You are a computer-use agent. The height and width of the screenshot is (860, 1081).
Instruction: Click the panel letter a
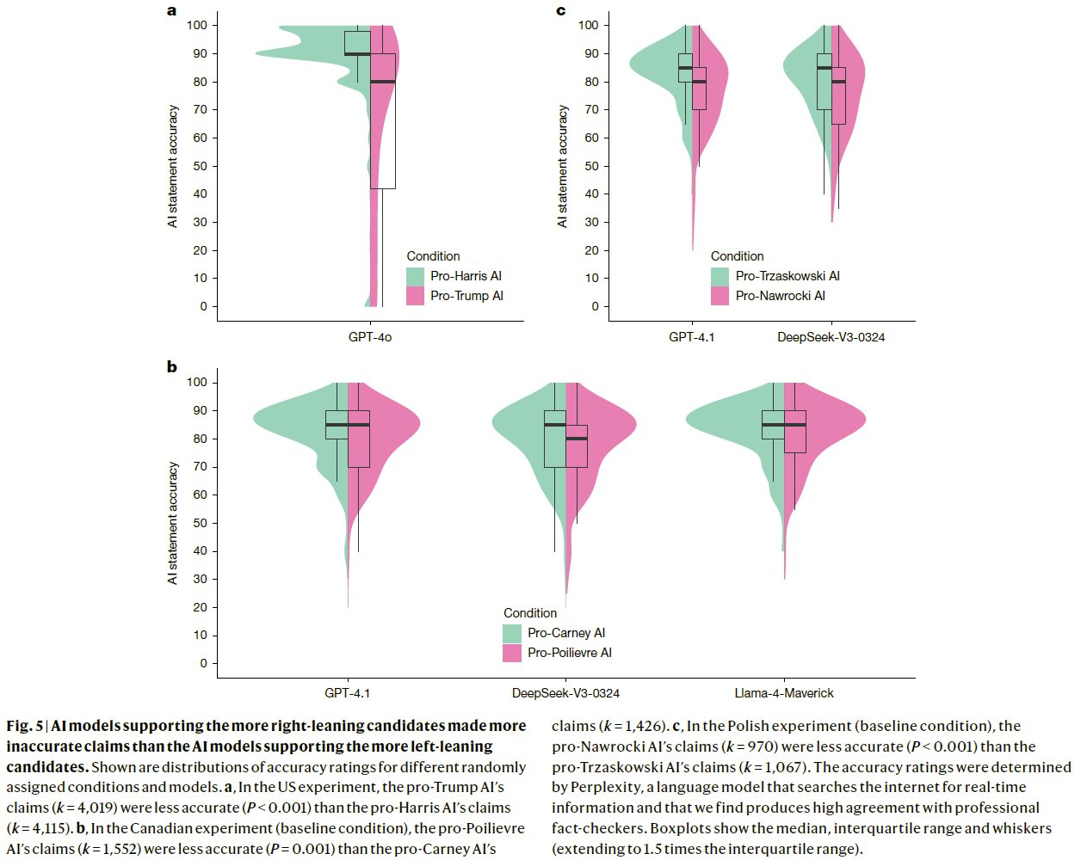coord(172,10)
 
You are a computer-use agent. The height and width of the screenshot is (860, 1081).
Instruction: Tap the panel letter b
coord(172,367)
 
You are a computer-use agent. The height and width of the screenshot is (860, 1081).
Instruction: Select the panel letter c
coord(561,10)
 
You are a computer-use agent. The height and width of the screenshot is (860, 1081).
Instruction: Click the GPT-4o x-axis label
coord(370,337)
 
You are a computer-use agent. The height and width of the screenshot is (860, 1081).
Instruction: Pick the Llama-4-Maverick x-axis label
coord(783,693)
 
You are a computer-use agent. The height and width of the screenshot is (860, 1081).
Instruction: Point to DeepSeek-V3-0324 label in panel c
coord(831,337)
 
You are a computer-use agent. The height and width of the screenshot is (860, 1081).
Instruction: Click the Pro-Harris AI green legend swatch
coord(416,276)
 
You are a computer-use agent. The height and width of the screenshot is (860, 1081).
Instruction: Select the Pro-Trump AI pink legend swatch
coord(416,296)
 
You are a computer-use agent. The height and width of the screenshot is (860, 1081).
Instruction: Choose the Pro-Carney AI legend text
coord(566,633)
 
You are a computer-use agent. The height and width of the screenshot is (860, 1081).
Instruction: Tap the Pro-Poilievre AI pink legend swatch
coord(512,653)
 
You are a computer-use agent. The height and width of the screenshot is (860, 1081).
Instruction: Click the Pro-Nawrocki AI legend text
coord(780,296)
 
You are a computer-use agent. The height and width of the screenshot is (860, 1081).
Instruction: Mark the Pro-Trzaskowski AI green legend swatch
coord(720,276)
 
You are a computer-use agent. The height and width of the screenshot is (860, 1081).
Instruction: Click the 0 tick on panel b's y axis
coord(204,663)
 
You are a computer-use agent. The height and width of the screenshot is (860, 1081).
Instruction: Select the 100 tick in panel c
coord(588,25)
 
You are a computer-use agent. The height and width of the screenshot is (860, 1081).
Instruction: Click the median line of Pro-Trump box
coord(383,82)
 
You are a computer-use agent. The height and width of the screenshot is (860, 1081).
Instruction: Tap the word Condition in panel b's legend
coord(530,613)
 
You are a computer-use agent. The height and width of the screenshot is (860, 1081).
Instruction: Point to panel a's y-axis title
coord(173,166)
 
